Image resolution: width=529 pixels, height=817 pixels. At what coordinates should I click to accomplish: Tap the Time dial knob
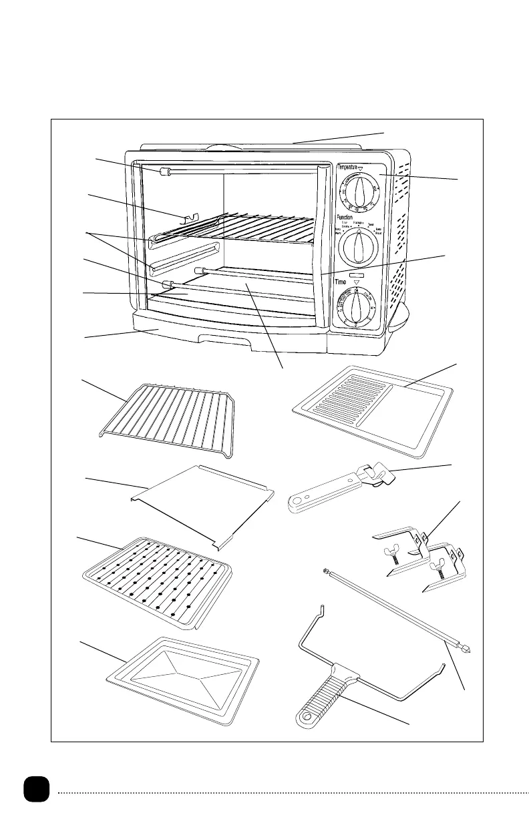tap(357, 308)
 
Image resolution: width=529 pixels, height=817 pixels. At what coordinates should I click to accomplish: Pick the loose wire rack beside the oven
tap(167, 421)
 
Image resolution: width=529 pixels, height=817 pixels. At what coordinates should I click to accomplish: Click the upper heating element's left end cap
tap(165, 173)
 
